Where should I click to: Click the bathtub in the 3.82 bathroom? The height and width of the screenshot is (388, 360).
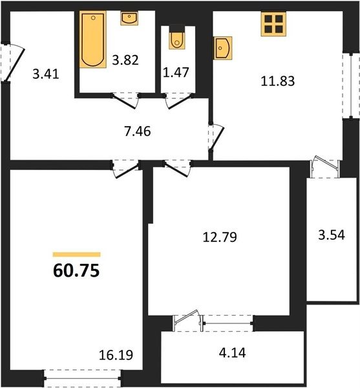[x=93, y=39]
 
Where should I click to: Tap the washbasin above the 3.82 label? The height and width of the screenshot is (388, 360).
[x=129, y=18]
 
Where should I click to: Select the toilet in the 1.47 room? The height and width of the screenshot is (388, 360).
[x=177, y=40]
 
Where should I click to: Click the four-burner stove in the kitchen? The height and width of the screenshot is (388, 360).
[x=273, y=24]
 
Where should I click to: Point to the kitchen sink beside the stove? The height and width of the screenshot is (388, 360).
[x=223, y=48]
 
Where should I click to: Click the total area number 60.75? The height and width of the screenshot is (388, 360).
[x=76, y=270]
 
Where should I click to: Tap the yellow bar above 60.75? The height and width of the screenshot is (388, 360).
[x=77, y=254]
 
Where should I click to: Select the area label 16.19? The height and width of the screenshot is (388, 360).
[x=116, y=355]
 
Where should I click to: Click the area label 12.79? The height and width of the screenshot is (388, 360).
[x=220, y=237]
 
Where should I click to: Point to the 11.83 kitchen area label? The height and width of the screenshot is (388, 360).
[x=278, y=81]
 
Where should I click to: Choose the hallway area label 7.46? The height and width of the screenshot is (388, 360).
[x=138, y=131]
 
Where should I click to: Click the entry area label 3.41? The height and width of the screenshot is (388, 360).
[x=46, y=74]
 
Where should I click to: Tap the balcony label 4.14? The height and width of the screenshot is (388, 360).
[x=233, y=353]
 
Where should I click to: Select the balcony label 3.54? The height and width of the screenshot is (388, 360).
[x=332, y=235]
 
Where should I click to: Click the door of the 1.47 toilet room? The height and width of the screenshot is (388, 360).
[x=179, y=101]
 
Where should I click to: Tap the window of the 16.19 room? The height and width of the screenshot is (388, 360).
[x=82, y=378]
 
